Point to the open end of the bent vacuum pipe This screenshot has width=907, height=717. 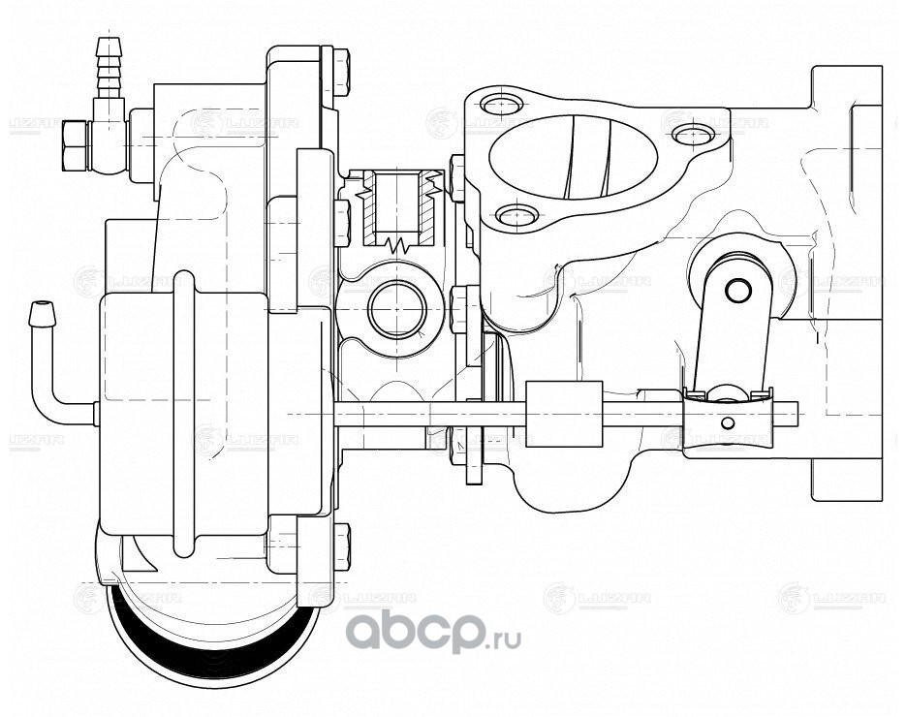pyautogui.click(x=41, y=313)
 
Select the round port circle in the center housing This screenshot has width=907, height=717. pyautogui.click(x=397, y=310)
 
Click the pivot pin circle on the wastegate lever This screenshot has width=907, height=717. pyautogui.click(x=738, y=289)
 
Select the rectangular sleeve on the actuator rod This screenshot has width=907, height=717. pyautogui.click(x=564, y=414)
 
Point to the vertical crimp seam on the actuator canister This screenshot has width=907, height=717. pyautogui.click(x=183, y=417)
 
